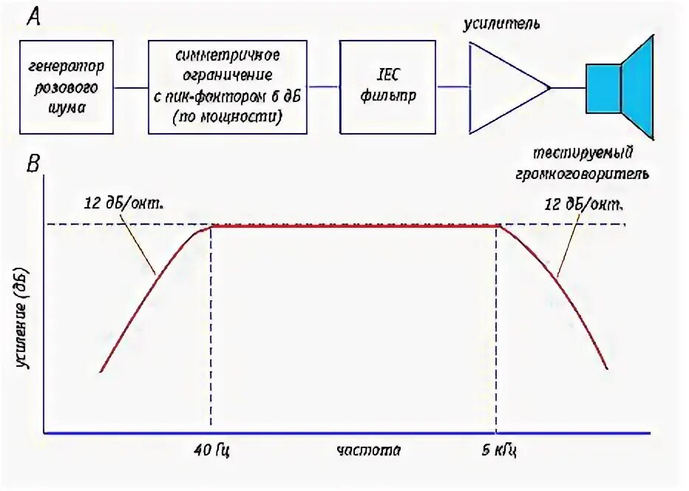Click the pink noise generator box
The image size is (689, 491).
67,87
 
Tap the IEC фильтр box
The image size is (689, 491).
387,87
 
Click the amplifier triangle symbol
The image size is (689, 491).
503,87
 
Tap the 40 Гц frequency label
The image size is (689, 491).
211,450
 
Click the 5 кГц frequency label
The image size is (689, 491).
497,450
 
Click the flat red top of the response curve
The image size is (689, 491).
355,226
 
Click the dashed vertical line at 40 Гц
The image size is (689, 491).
211,333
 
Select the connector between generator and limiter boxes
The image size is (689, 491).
131,87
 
